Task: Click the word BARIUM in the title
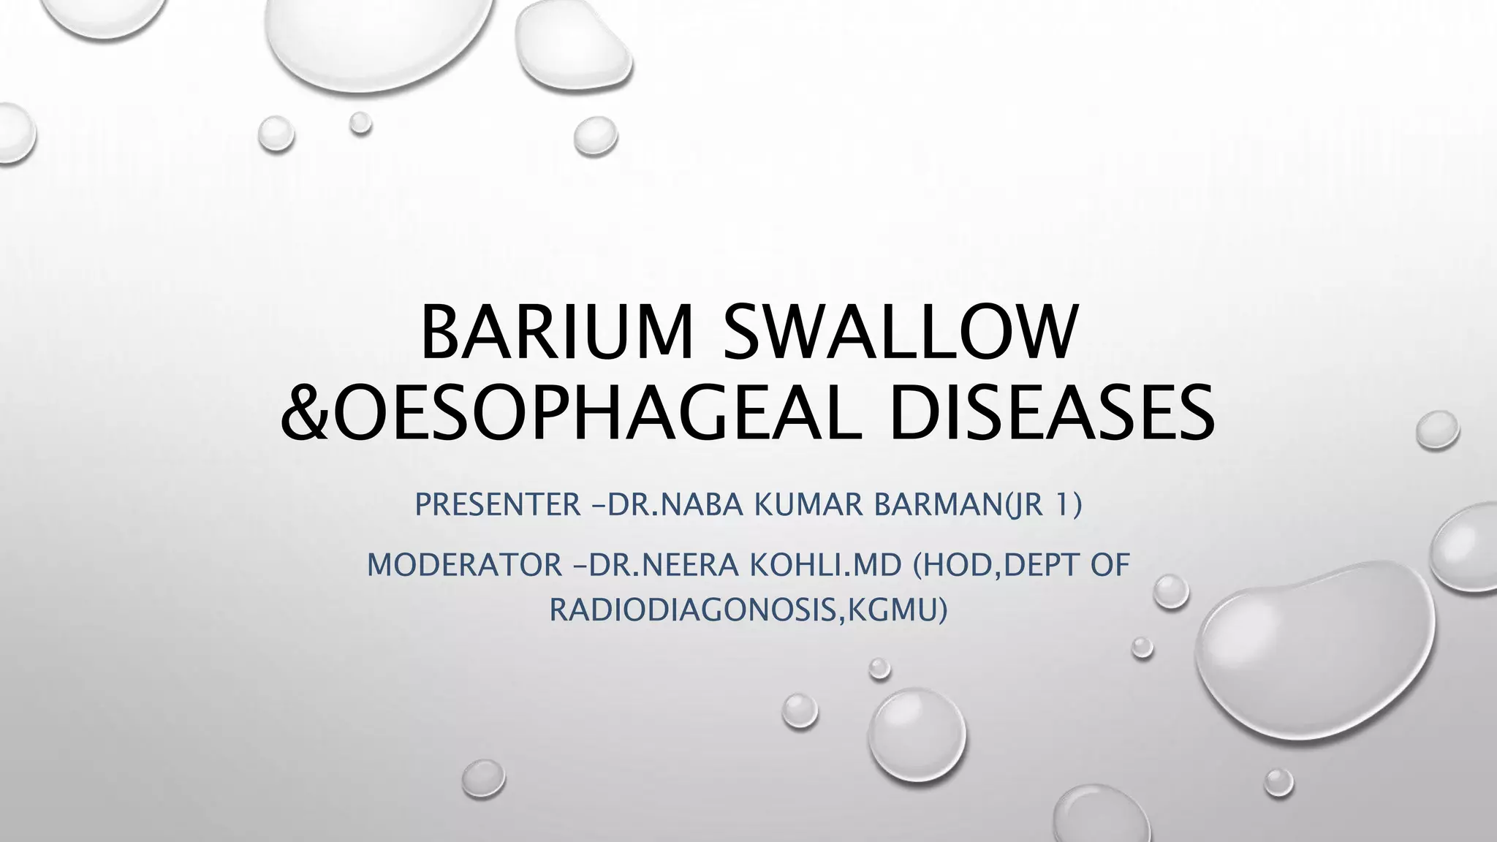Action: click(x=556, y=333)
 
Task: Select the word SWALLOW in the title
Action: click(x=900, y=333)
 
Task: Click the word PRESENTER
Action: click(x=498, y=504)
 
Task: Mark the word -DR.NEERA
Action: click(x=653, y=565)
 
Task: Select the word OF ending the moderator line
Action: click(x=1110, y=565)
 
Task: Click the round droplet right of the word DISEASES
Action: click(x=1437, y=429)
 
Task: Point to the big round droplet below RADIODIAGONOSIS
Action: click(x=917, y=737)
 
